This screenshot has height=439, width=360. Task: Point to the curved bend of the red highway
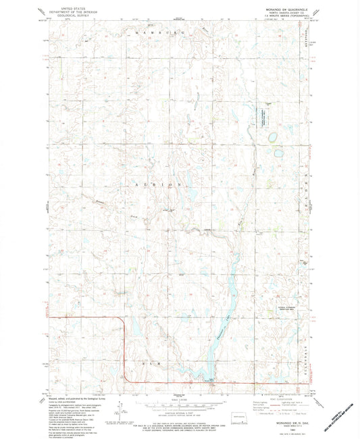point(123,323)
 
